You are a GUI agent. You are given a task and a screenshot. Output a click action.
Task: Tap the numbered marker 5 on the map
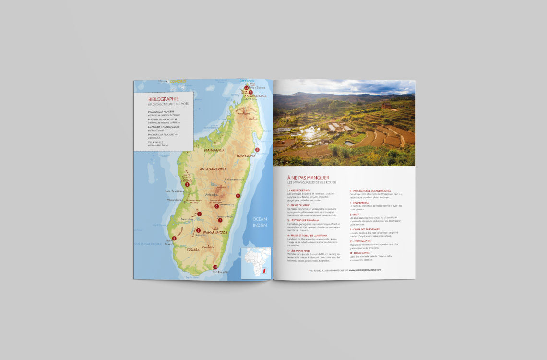coord(257,150)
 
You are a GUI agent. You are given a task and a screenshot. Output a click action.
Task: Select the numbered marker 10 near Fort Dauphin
coord(215,267)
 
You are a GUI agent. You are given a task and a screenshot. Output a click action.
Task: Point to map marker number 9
coord(238,196)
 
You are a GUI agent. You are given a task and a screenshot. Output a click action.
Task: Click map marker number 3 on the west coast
coord(187,184)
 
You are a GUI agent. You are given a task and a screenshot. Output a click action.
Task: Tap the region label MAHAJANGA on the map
coord(214,150)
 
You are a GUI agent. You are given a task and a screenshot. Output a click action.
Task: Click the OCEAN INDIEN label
coord(260,222)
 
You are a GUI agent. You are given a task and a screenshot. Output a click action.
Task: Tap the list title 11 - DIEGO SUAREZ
coord(360,252)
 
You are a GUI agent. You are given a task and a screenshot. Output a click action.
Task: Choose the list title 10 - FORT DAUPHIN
coord(360,241)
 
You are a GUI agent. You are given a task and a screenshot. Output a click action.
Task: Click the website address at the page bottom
coord(345,270)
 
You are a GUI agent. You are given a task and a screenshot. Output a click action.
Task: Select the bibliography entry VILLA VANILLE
coord(156,142)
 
